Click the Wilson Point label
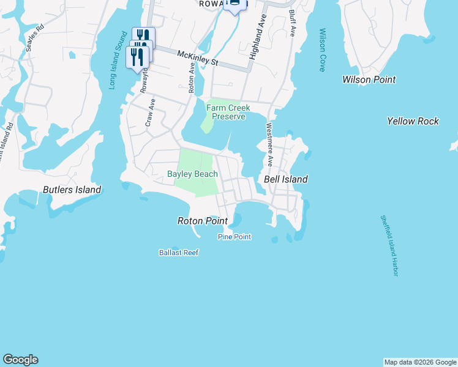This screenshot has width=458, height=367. (x=369, y=80)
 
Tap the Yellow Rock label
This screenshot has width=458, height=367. (x=413, y=121)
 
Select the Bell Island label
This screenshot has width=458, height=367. (x=285, y=179)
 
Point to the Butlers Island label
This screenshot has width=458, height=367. (x=72, y=190)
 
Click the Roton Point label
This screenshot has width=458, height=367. (x=202, y=221)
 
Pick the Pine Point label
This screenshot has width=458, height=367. (x=235, y=237)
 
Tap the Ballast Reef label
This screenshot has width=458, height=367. (x=179, y=252)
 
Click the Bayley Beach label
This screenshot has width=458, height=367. (x=192, y=174)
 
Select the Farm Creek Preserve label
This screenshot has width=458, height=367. (x=228, y=112)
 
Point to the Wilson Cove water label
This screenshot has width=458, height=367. (x=321, y=50)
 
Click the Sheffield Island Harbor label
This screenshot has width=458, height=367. (x=389, y=245)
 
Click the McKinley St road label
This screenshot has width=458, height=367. (x=198, y=58)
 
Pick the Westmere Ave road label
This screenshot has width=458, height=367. (x=269, y=145)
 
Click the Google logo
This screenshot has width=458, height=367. (x=20, y=360)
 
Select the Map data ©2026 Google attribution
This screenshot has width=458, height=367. (x=420, y=362)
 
